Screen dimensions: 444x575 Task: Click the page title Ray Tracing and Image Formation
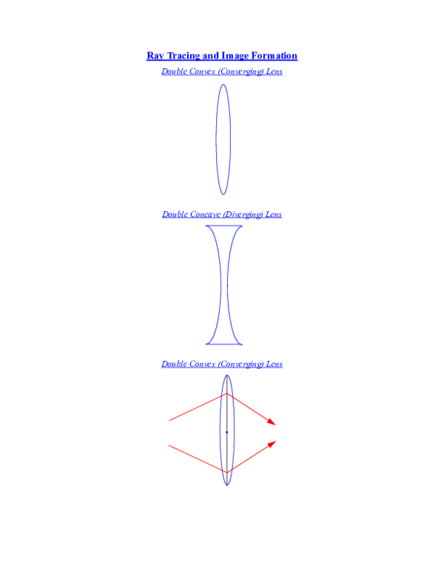(x=222, y=56)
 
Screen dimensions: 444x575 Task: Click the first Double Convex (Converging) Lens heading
(x=222, y=72)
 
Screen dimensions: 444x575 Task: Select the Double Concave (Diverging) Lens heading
(x=222, y=214)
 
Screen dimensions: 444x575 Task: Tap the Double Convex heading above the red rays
(x=222, y=364)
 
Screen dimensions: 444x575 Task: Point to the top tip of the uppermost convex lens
(x=223, y=84)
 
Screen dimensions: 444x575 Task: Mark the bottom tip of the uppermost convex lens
(x=223, y=194)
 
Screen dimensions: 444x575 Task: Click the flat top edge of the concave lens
(x=224, y=226)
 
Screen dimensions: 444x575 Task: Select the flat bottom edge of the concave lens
(x=224, y=344)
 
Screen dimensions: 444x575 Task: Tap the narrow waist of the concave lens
(x=224, y=285)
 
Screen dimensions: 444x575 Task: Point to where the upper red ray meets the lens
(x=226, y=394)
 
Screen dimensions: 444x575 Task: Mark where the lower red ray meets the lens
(x=226, y=471)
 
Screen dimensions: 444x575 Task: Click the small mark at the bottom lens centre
(x=226, y=431)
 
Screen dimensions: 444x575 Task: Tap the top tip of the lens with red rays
(x=226, y=375)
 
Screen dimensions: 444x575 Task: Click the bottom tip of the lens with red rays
(x=226, y=485)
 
